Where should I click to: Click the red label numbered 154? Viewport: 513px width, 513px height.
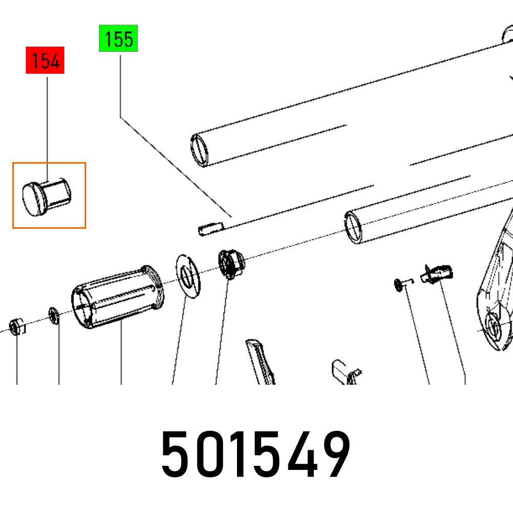(45, 60)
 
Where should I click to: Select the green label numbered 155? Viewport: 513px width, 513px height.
(119, 38)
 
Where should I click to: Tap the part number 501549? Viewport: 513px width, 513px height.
(256, 455)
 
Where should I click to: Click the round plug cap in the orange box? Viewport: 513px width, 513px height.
(46, 198)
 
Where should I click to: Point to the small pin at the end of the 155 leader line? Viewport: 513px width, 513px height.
(211, 229)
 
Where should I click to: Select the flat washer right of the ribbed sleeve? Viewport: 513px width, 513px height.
(188, 276)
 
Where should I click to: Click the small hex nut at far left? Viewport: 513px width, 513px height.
(16, 326)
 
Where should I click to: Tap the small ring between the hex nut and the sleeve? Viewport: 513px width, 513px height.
(54, 315)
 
